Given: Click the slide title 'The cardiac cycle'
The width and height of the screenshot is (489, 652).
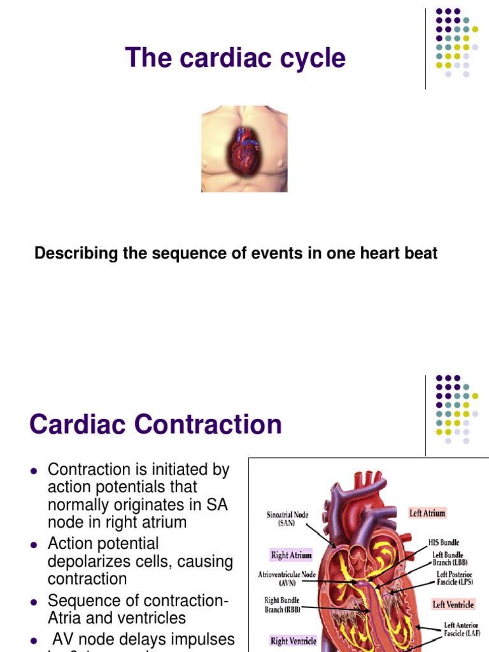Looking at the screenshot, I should tap(236, 58).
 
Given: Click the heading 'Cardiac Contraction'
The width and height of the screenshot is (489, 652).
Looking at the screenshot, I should tap(155, 424).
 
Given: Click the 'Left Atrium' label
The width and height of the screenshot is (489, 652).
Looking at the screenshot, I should tap(427, 513).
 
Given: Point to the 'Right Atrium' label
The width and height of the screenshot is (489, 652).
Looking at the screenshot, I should tap(291, 555).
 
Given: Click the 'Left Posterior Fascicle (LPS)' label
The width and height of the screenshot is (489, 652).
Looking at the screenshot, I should tap(454, 578).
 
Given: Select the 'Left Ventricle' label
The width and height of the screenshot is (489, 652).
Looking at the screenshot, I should tap(453, 604).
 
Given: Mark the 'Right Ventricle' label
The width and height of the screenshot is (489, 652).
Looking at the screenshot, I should tap(293, 641).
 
